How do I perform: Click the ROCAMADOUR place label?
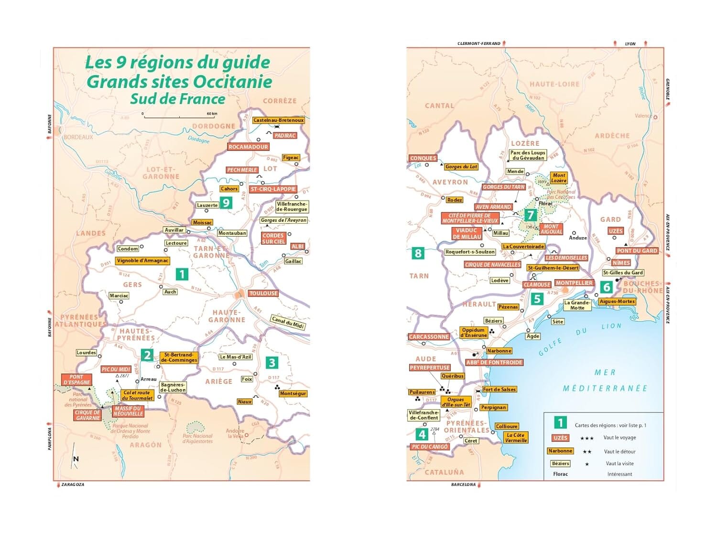pos(248,147)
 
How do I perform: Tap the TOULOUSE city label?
pos(263,293)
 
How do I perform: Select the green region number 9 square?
pos(226,203)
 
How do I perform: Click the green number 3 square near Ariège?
pos(272,363)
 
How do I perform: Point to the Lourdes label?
pos(87,353)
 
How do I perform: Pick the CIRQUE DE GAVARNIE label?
pos(87,415)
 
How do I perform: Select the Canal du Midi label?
pos(288,322)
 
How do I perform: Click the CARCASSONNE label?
pos(429,337)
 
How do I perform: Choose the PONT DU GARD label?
pos(637,250)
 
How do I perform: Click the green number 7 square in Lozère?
pos(530,215)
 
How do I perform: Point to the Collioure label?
pos(507,426)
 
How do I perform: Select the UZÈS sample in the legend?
pos(560,438)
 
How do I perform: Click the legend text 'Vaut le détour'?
pos(619,451)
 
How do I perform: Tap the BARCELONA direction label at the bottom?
pos(463,485)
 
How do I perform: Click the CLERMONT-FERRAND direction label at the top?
pos(478,43)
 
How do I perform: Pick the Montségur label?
pos(293,393)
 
